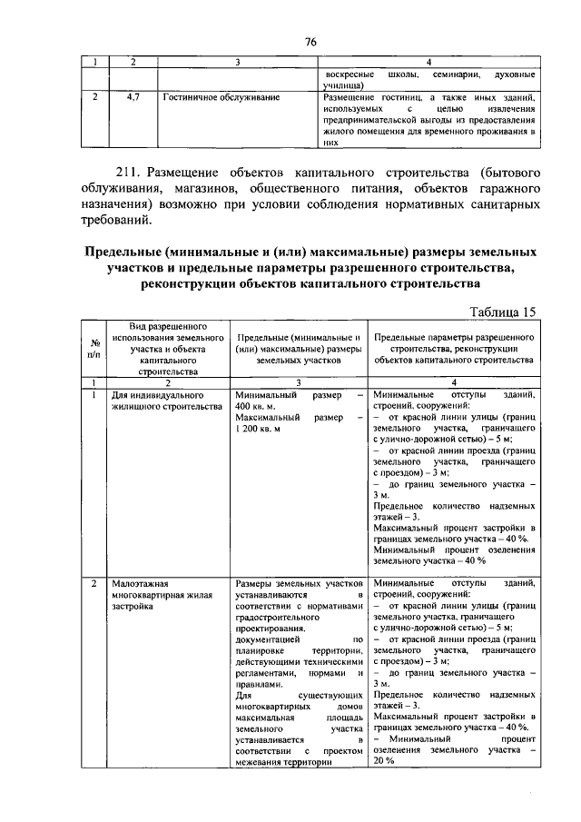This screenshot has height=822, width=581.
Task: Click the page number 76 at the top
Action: click(x=310, y=43)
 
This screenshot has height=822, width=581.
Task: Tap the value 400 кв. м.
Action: click(x=259, y=407)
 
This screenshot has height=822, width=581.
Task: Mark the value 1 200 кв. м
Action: click(x=260, y=429)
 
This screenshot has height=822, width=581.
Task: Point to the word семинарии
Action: click(x=458, y=74)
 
